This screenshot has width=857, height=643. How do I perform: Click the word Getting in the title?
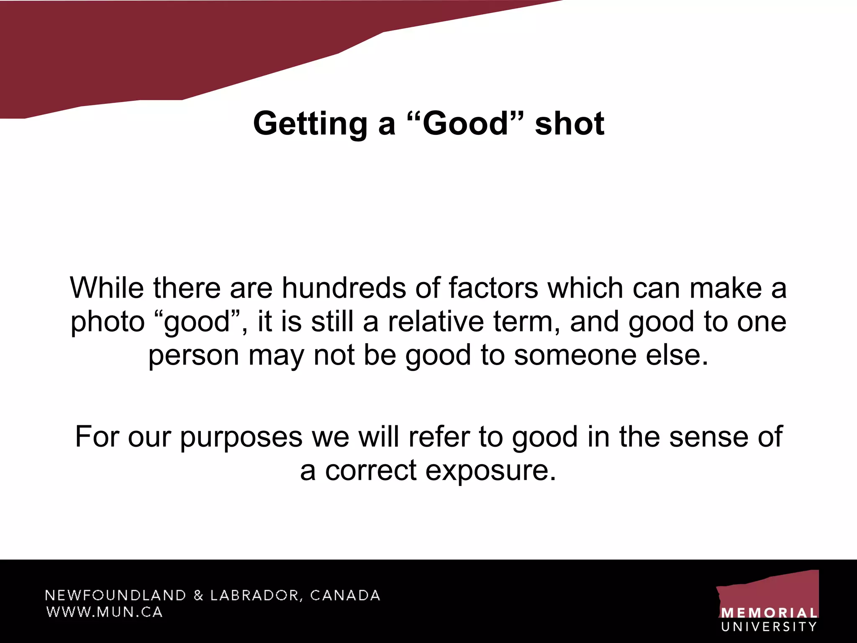tap(310, 124)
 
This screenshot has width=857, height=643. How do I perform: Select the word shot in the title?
tap(570, 124)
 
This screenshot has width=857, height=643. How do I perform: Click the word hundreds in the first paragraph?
tap(344, 288)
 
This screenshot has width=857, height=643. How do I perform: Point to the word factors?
tap(493, 288)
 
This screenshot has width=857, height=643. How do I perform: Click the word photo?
tap(108, 322)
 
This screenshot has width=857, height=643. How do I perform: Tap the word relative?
tap(436, 321)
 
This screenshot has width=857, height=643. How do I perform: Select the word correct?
tap(371, 471)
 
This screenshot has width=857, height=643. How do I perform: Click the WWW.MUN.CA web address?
tap(104, 612)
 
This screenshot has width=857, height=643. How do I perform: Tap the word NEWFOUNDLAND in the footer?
tap(115, 595)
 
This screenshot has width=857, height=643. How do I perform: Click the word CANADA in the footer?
tap(345, 595)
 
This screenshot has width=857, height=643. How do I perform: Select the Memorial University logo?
tap(768, 601)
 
